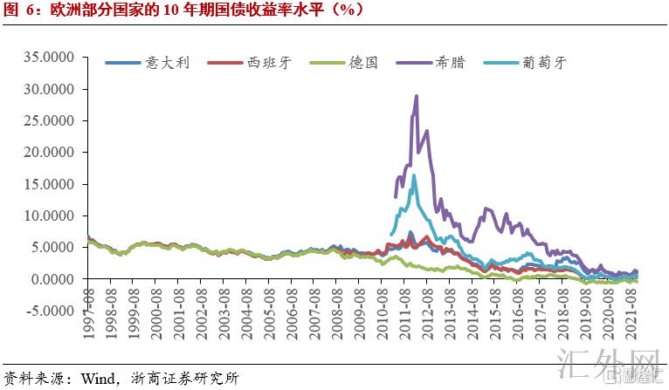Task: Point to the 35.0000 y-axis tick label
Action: click(52, 58)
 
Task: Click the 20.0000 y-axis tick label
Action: click(52, 153)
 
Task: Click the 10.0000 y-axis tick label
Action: click(52, 216)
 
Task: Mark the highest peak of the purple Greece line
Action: click(417, 96)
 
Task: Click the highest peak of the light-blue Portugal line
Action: click(413, 175)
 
